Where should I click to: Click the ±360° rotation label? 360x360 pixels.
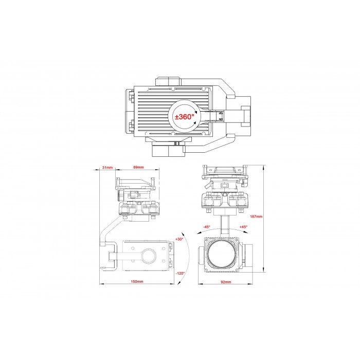click(184, 117)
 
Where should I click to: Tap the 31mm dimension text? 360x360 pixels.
click(107, 167)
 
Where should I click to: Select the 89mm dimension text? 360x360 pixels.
click(138, 167)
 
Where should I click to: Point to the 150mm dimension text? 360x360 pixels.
click(137, 281)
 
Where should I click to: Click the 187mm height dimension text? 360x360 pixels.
click(256, 217)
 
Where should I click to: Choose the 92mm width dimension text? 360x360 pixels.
click(226, 282)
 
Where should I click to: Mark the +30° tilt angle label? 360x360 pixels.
click(179, 239)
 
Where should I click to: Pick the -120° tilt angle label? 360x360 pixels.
click(180, 274)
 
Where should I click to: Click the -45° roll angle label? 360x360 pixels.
click(206, 227)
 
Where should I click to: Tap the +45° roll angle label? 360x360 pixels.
click(243, 227)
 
